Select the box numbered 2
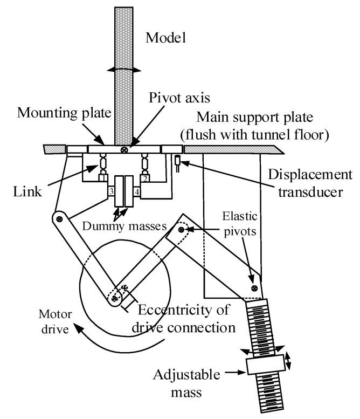click(x=144, y=177)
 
